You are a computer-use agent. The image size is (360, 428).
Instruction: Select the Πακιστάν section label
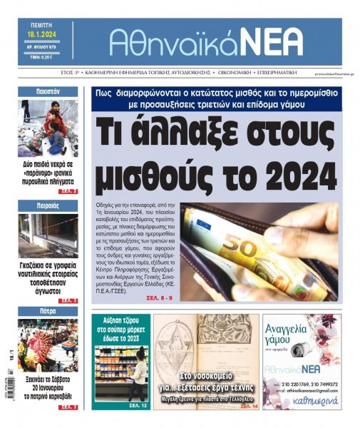point(48,92)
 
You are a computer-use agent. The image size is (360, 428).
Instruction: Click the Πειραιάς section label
point(48,205)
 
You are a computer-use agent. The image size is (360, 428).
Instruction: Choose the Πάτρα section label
point(48,311)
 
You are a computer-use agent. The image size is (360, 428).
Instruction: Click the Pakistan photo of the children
point(48,128)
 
